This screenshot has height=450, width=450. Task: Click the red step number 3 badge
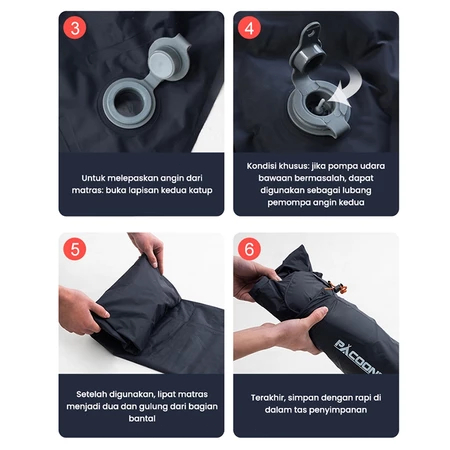coord(75,28)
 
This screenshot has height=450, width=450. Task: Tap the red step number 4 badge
coord(249,28)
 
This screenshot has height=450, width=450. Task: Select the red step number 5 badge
coord(75,249)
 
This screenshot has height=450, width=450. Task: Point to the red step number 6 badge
coord(249,249)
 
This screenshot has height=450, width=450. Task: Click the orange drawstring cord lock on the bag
coord(337,288)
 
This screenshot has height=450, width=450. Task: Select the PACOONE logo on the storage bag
coord(357,358)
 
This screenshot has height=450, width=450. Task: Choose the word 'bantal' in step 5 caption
coord(142,419)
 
